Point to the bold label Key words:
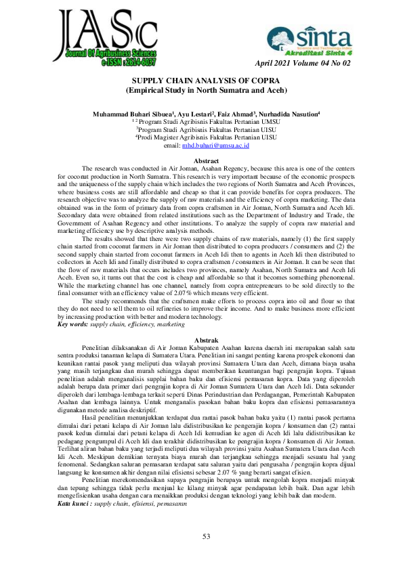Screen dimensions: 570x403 tap(72, 325)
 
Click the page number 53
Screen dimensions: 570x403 tap(207, 537)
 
